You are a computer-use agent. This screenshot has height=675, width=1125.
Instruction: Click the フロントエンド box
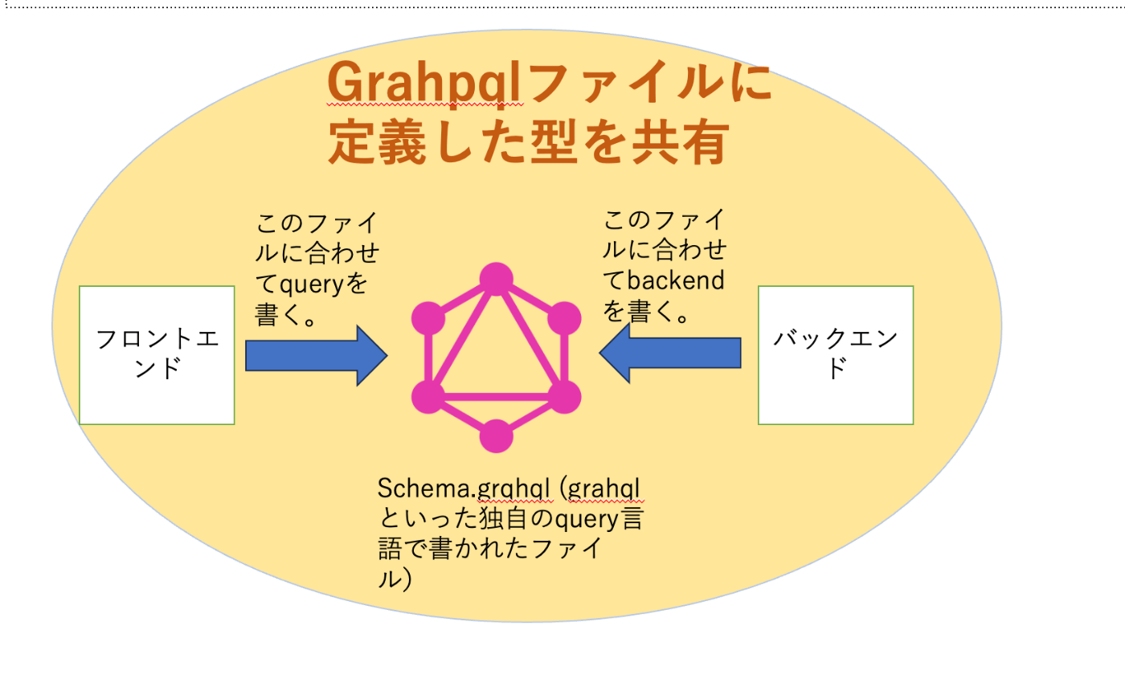pos(157,354)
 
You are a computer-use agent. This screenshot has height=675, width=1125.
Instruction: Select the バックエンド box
pos(836,354)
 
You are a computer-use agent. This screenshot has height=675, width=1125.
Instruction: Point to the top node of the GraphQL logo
pos(496,279)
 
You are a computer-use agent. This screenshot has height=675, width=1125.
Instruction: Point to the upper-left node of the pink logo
pos(428,318)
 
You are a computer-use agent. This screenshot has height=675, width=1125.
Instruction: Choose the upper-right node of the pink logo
pos(564,318)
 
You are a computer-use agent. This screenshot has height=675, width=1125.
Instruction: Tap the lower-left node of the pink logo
pos(428,397)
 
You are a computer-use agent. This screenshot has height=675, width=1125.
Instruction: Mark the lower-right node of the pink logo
pos(564,397)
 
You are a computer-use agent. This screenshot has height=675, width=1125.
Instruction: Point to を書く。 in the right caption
pos(646,312)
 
